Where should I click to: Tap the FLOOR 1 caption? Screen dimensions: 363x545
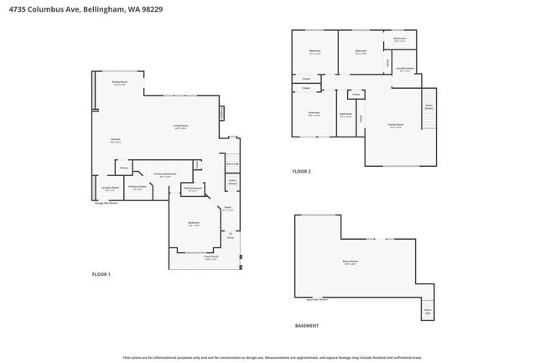[101, 274]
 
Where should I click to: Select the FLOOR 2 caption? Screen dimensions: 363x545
[301, 171]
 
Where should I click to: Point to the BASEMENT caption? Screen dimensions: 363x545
[306, 325]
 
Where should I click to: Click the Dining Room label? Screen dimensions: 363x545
[119, 83]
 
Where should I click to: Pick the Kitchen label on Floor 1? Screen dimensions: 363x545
[116, 140]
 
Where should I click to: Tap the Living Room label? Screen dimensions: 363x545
[180, 127]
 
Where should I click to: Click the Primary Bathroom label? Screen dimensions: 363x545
[164, 174]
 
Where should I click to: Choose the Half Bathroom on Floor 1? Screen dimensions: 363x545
[193, 189]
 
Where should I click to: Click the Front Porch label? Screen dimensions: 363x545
[211, 258]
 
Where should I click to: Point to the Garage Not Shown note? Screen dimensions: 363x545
[106, 203]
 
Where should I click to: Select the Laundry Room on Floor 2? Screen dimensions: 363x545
[405, 70]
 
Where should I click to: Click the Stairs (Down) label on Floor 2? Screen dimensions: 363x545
[428, 106]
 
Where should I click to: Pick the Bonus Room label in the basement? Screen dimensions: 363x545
[350, 262]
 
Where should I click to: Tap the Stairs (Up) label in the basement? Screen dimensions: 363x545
[428, 311]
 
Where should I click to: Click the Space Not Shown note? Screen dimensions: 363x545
[317, 299]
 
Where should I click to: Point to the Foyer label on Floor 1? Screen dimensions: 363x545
[227, 209]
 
